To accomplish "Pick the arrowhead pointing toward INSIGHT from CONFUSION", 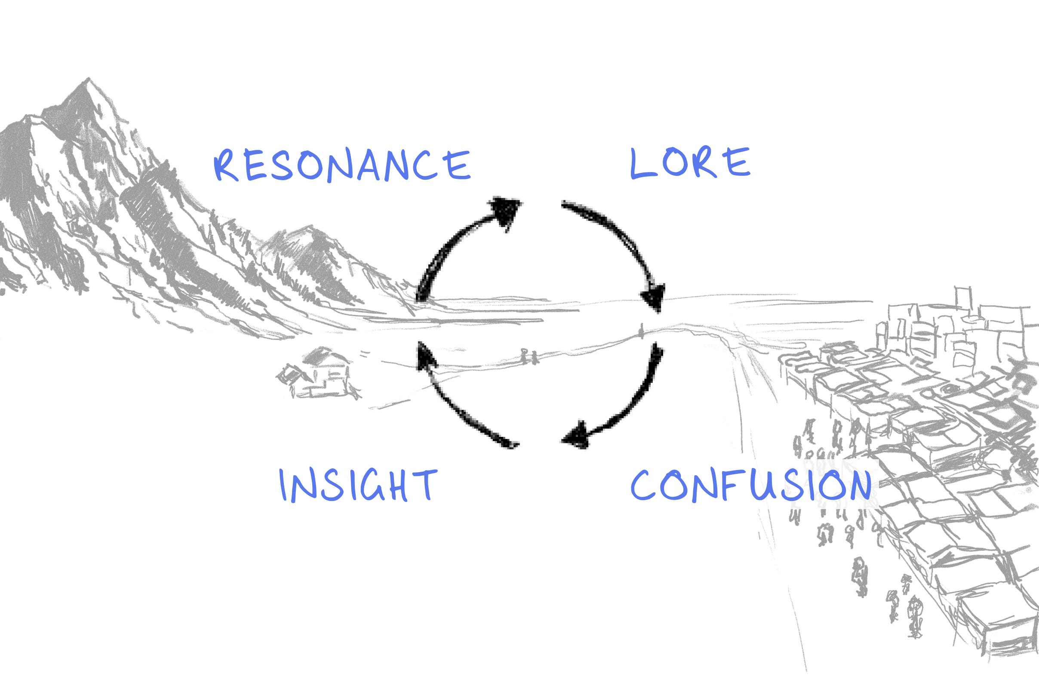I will (x=576, y=436).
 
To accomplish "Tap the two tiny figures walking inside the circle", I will (x=529, y=356).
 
